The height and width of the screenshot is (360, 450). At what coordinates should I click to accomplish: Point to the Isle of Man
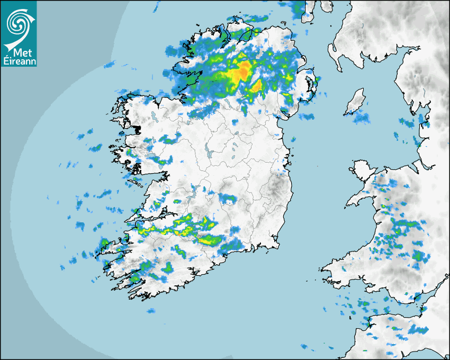355,102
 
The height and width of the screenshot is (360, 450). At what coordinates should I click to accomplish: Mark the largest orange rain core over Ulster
242,71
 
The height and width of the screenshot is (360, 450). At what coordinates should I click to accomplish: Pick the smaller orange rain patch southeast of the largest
257,86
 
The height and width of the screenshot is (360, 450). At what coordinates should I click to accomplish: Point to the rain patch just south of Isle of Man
361,118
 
